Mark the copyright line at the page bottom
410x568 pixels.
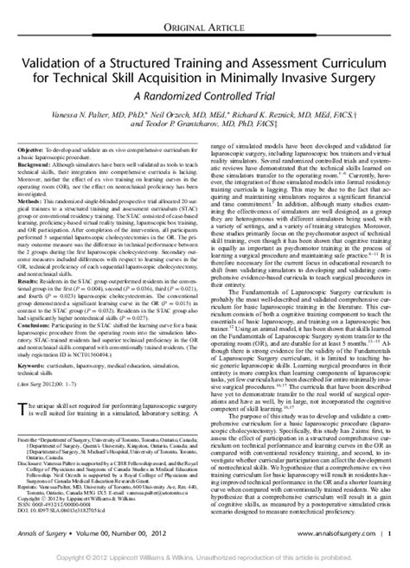(x=204, y=559)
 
